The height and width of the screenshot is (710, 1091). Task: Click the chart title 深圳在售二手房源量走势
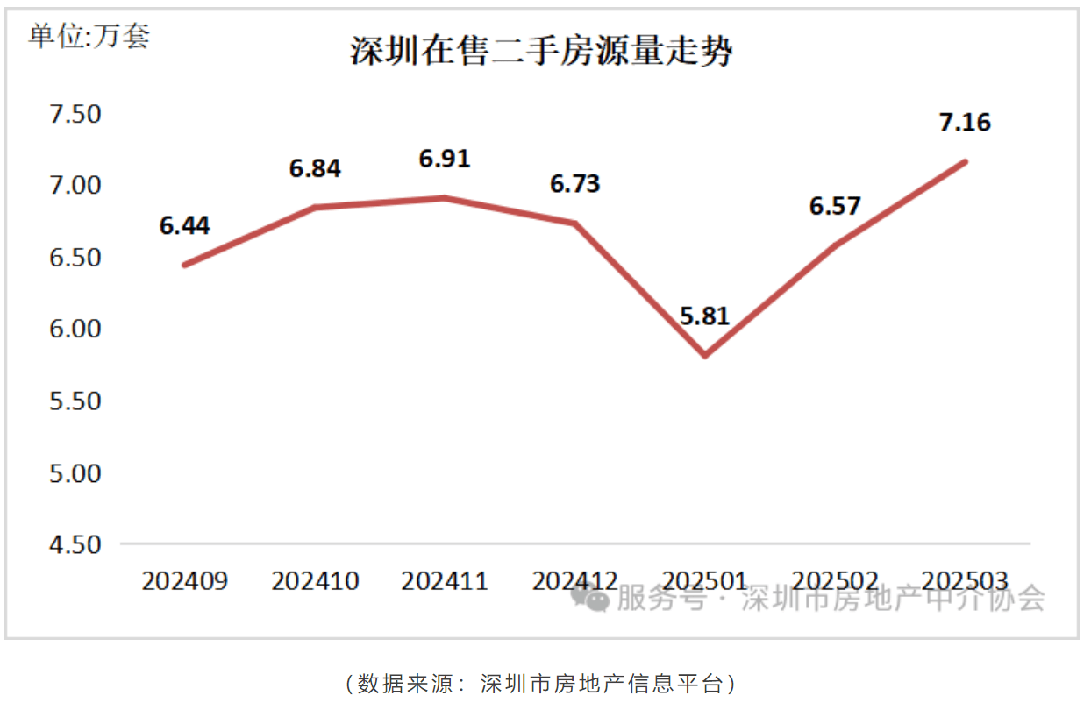tap(541, 52)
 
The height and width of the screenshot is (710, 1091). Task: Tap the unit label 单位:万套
tap(89, 36)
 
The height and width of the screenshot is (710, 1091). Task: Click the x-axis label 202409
tap(184, 581)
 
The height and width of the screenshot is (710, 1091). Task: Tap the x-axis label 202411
tap(445, 581)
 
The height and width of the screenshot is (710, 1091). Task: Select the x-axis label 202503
tap(965, 581)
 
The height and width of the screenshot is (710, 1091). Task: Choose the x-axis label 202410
tap(315, 581)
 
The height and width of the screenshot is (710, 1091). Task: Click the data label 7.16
tap(965, 122)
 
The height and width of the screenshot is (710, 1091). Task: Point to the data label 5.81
tap(704, 316)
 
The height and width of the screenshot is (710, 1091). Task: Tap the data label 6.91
tap(445, 159)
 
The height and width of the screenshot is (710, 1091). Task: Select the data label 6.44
tap(184, 225)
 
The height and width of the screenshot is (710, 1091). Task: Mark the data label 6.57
tap(835, 206)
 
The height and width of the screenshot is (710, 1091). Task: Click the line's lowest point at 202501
tap(705, 356)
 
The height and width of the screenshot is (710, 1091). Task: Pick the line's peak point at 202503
tap(965, 161)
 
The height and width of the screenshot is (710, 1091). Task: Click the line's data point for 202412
tap(575, 224)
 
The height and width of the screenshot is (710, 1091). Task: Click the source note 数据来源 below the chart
tap(541, 684)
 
